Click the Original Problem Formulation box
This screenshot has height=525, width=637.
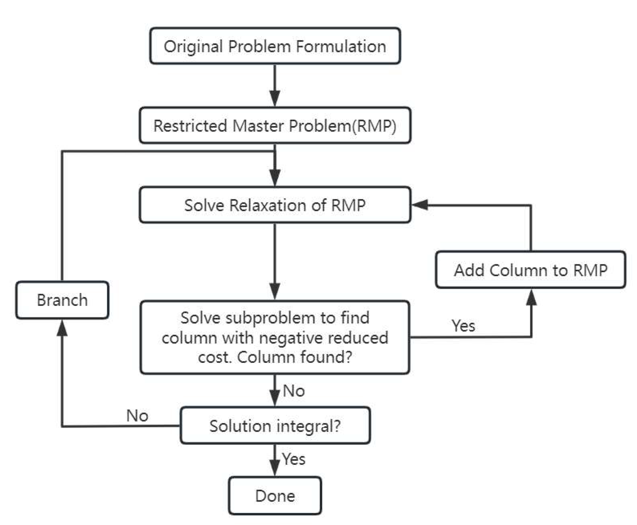pyautogui.click(x=275, y=46)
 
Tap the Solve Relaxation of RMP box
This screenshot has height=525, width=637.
pyautogui.click(x=275, y=205)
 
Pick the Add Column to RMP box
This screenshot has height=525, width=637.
pyautogui.click(x=530, y=270)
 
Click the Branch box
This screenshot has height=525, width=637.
pyautogui.click(x=62, y=300)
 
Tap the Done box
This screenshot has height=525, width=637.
pyautogui.click(x=275, y=496)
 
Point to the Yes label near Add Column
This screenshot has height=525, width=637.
pyautogui.click(x=463, y=326)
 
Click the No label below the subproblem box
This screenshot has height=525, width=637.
pyautogui.click(x=294, y=391)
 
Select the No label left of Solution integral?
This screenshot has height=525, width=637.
pyautogui.click(x=137, y=416)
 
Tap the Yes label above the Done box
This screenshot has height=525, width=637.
pyautogui.click(x=294, y=459)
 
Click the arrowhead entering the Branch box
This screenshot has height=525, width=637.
pyautogui.click(x=62, y=328)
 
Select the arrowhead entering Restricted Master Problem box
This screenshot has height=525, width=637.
pyautogui.click(x=275, y=98)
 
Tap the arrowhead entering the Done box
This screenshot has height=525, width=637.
pyautogui.click(x=275, y=469)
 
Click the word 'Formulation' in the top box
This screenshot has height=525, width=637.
pyautogui.click(x=341, y=46)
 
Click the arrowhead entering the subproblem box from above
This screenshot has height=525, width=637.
pyautogui.click(x=275, y=291)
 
